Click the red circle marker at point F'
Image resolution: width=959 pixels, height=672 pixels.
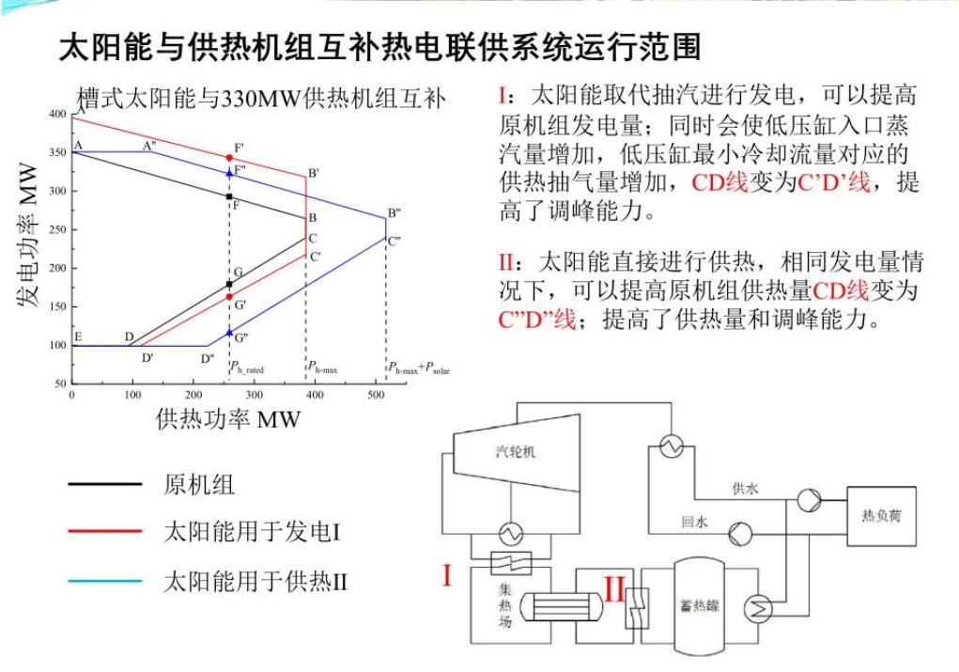[229, 157]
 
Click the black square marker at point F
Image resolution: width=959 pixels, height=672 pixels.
[229, 196]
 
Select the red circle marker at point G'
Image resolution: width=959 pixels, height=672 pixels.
[229, 297]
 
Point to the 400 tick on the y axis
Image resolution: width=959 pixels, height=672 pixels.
[60, 114]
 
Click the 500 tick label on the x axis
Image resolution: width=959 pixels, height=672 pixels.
[376, 394]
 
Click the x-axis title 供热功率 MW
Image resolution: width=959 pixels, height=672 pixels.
[228, 419]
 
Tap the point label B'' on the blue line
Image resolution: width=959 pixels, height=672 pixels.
[394, 212]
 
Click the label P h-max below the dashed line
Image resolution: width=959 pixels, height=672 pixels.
[322, 368]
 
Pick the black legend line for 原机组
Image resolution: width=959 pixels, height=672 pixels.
[104, 485]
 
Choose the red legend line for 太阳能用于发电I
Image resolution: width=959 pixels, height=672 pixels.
[104, 533]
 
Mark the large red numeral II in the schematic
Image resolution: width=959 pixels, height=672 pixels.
[614, 590]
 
